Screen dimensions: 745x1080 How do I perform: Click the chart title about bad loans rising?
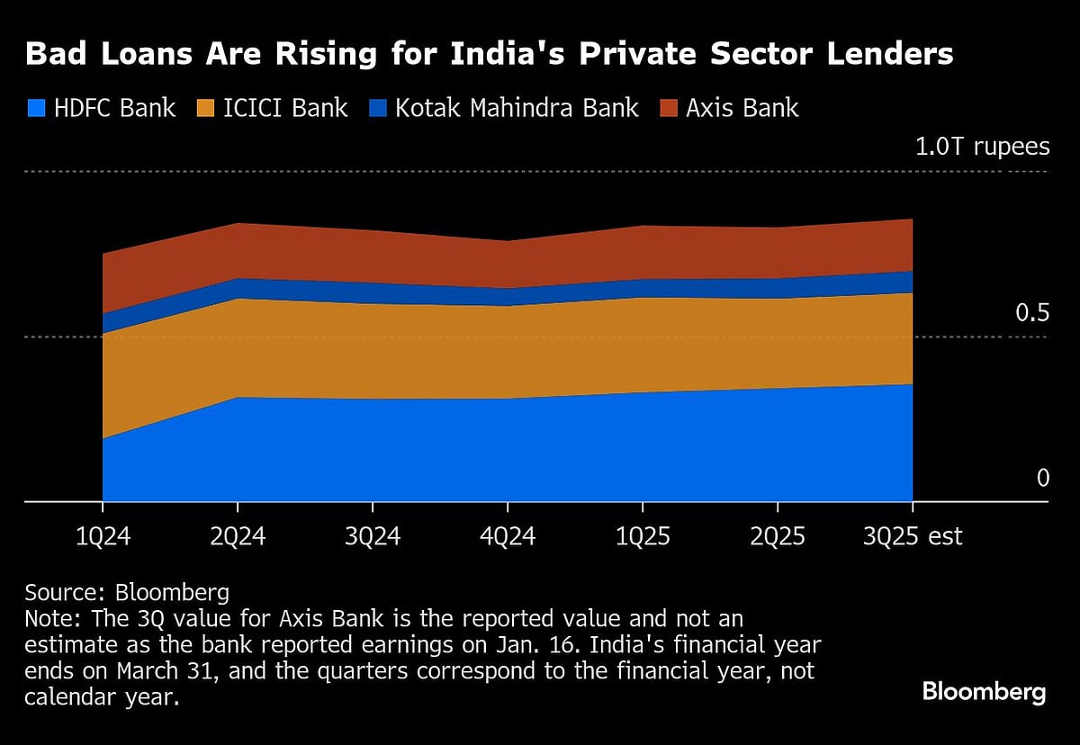coord(489,55)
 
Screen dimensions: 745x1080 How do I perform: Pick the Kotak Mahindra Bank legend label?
coord(517,109)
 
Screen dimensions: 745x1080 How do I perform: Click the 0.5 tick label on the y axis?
coord(1032,313)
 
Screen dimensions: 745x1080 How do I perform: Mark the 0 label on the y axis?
coord(1042,478)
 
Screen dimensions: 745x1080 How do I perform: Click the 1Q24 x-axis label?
coord(103,537)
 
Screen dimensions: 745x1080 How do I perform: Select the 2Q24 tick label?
coord(238,537)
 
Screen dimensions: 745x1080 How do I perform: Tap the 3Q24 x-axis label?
coord(373,537)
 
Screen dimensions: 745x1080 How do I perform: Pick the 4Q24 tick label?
coord(508,537)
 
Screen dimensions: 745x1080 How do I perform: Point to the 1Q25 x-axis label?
coord(643,537)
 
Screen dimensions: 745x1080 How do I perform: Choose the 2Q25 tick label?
coord(778,537)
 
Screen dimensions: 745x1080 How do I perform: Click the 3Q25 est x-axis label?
coord(913,537)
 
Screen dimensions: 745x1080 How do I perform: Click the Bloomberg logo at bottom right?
coord(984,692)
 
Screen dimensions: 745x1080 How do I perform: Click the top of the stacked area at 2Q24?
coord(238,223)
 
